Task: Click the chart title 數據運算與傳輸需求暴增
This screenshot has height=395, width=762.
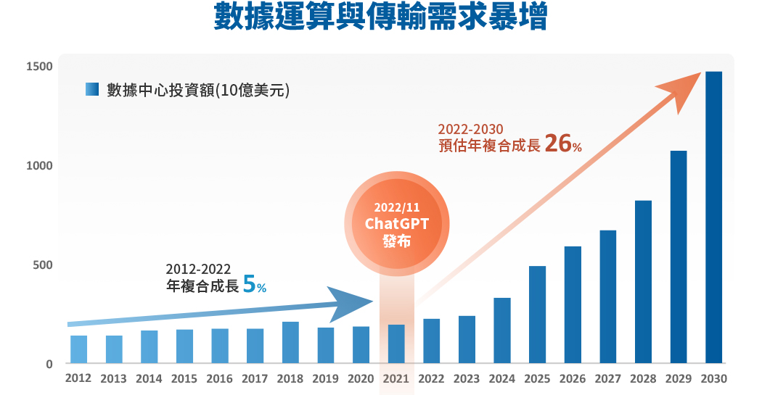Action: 380,17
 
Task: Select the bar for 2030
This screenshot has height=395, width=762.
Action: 714,217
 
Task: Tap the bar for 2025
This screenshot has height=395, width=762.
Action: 537,315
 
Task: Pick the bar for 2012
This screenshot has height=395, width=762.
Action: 78,349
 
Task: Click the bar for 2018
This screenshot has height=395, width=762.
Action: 290,342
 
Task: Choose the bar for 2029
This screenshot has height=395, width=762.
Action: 679,257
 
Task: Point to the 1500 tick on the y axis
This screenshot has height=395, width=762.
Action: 39,67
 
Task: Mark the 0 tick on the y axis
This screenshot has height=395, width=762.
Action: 49,365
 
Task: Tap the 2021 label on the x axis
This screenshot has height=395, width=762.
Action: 396,378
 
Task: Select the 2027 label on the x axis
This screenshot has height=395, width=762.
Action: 608,378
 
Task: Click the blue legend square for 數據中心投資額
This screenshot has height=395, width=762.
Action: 91,90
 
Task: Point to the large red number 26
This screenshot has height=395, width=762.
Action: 557,144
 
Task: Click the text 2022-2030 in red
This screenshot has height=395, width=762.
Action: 470,129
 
